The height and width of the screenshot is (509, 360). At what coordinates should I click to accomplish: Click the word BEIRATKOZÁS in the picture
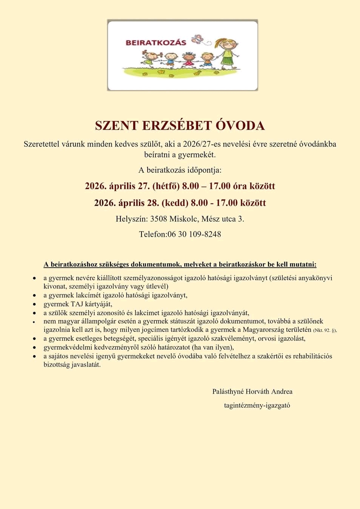(x=156, y=43)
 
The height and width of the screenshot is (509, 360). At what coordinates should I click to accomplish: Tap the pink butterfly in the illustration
(x=197, y=39)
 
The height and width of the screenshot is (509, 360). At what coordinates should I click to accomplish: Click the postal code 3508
(x=158, y=219)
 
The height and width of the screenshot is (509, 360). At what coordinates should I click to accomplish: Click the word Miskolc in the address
(x=184, y=219)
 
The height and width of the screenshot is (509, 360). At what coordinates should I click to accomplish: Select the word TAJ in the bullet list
(x=77, y=304)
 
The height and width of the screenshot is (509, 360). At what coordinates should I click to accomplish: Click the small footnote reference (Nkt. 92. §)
(x=325, y=330)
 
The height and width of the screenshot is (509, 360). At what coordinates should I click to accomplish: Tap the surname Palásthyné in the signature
(x=228, y=392)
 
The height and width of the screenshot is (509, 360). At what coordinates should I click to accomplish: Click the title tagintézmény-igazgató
(x=257, y=406)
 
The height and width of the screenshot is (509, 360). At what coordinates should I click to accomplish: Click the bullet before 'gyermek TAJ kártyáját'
(x=34, y=305)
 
